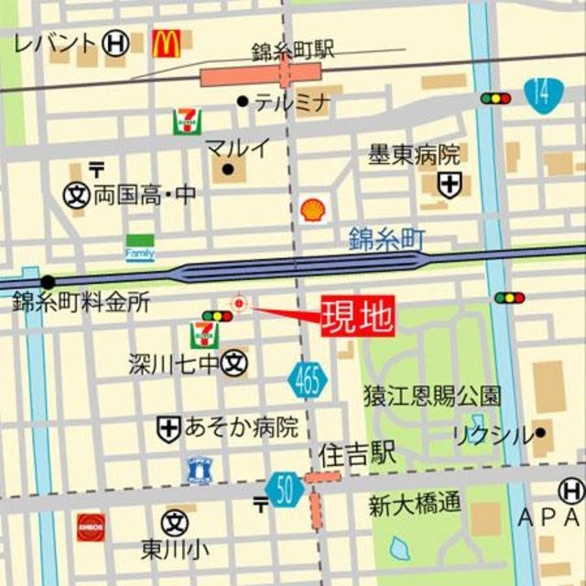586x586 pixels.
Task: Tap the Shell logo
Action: coord(312,211)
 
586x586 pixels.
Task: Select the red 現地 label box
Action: coord(357,317)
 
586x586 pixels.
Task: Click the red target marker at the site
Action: coord(239,302)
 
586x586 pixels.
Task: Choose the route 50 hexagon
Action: coord(286,490)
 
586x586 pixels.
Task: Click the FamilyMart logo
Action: coord(140,248)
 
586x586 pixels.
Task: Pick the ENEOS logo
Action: coord(90,526)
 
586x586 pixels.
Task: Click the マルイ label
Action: coord(237,147)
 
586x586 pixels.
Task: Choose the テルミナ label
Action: coord(291,103)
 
